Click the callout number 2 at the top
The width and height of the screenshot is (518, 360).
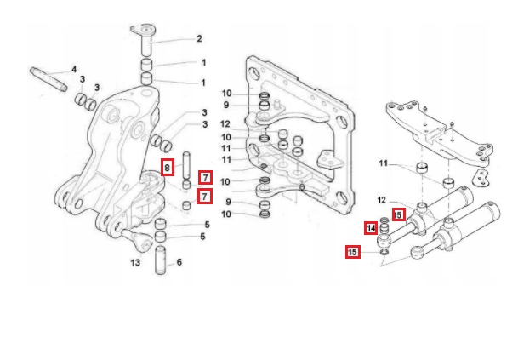pos(199,38)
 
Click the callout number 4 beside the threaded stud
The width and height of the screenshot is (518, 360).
pos(74,68)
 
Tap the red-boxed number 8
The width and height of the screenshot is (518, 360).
pos(168,167)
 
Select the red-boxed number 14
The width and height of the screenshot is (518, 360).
pos(371,228)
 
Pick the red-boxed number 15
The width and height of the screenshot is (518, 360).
pos(352,251)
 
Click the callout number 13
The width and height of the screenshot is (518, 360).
pos(135,263)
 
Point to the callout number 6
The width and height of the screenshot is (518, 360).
pos(179,263)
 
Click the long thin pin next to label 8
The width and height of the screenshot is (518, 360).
pos(185,163)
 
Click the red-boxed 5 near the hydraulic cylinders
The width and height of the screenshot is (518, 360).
pos(399,214)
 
